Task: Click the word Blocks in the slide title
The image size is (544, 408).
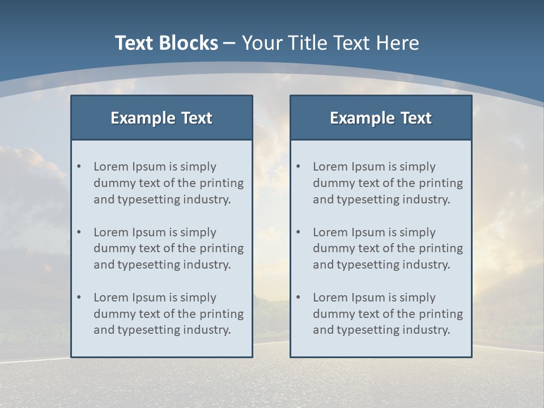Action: [188, 43]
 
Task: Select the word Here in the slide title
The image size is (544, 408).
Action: [399, 43]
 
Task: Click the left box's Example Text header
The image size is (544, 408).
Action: [161, 118]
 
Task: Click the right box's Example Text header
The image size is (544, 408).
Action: [381, 118]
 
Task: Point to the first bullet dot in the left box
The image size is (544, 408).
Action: [79, 167]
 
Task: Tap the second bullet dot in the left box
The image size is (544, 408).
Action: [79, 232]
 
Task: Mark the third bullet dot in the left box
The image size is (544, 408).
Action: [79, 297]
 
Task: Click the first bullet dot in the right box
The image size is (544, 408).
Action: [298, 167]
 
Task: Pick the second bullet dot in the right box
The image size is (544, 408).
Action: [298, 232]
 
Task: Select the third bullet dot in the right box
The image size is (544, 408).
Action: [298, 297]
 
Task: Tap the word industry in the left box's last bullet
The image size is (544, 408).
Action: [207, 330]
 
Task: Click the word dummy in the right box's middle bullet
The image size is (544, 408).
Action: [330, 248]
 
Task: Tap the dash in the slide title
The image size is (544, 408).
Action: [229, 43]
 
